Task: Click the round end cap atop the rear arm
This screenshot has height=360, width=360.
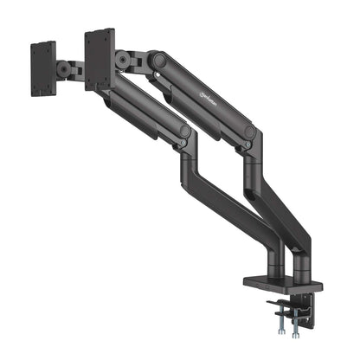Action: [x=159, y=61]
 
